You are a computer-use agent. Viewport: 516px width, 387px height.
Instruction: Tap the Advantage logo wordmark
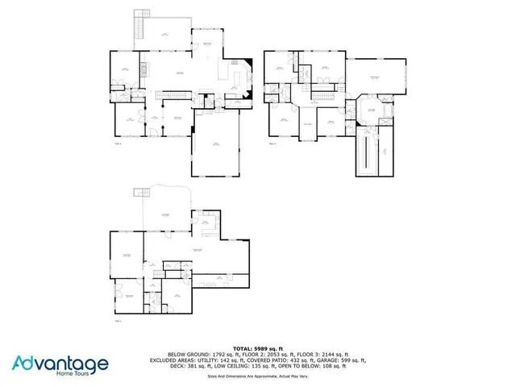click(60, 364)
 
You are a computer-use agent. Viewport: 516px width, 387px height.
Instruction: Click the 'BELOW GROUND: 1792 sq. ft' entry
click(201, 354)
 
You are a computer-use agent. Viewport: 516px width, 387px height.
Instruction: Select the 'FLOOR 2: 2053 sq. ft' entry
click(267, 354)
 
